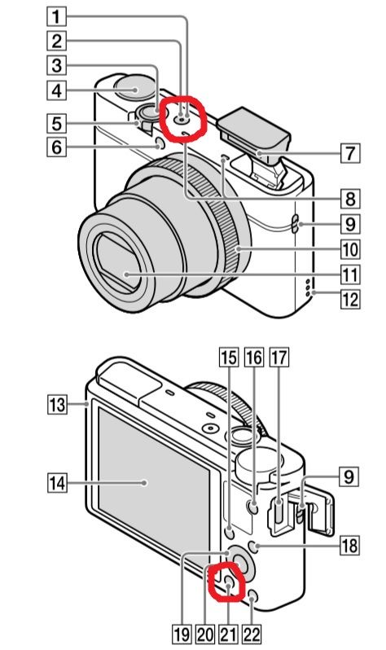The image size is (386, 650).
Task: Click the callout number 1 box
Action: pos(56,16)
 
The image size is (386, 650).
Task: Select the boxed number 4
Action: pos(56,90)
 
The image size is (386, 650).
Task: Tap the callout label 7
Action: pos(350,152)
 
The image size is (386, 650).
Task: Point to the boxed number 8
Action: pos(350,199)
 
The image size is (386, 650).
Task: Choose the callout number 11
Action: pos(350,274)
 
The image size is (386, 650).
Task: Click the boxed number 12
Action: pos(350,299)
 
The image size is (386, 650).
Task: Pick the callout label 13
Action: pos(56,404)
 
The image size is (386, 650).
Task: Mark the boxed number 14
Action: pos(57,482)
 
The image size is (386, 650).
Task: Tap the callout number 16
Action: pos(254,358)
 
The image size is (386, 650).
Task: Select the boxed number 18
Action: pos(349,545)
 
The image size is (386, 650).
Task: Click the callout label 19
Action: pos(182,635)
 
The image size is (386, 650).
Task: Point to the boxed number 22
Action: pos(252,635)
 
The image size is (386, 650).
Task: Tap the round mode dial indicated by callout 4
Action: pos(134,89)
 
